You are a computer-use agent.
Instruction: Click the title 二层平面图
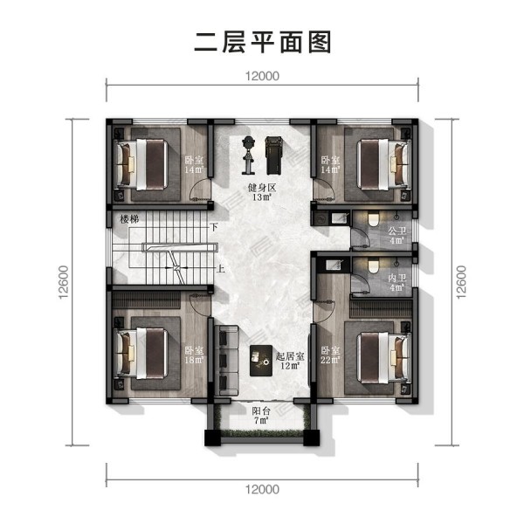(x=262, y=43)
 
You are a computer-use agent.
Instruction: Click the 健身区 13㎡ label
(x=262, y=192)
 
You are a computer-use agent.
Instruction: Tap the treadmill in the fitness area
(x=274, y=155)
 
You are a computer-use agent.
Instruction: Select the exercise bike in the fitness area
(x=248, y=155)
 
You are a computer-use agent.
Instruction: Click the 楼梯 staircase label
(x=129, y=219)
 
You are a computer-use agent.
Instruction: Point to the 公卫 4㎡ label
(x=396, y=235)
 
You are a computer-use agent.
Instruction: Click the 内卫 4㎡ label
(x=396, y=282)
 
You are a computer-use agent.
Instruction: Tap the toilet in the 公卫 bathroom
(x=373, y=219)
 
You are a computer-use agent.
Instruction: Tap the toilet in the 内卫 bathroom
(x=373, y=266)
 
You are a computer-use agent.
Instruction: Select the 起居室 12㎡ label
(x=290, y=361)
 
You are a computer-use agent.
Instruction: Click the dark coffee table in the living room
(x=261, y=361)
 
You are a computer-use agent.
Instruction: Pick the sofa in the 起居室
(x=226, y=361)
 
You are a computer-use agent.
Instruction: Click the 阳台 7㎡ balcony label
(x=261, y=416)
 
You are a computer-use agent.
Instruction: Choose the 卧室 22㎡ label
(x=330, y=355)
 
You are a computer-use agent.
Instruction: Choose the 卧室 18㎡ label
(x=194, y=355)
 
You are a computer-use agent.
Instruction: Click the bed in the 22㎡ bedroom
(x=383, y=358)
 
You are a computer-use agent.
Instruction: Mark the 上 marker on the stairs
(x=220, y=269)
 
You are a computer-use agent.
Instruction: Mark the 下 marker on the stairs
(x=214, y=227)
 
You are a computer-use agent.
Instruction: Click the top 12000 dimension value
(x=262, y=76)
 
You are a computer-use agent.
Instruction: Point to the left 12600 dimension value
(x=63, y=282)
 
